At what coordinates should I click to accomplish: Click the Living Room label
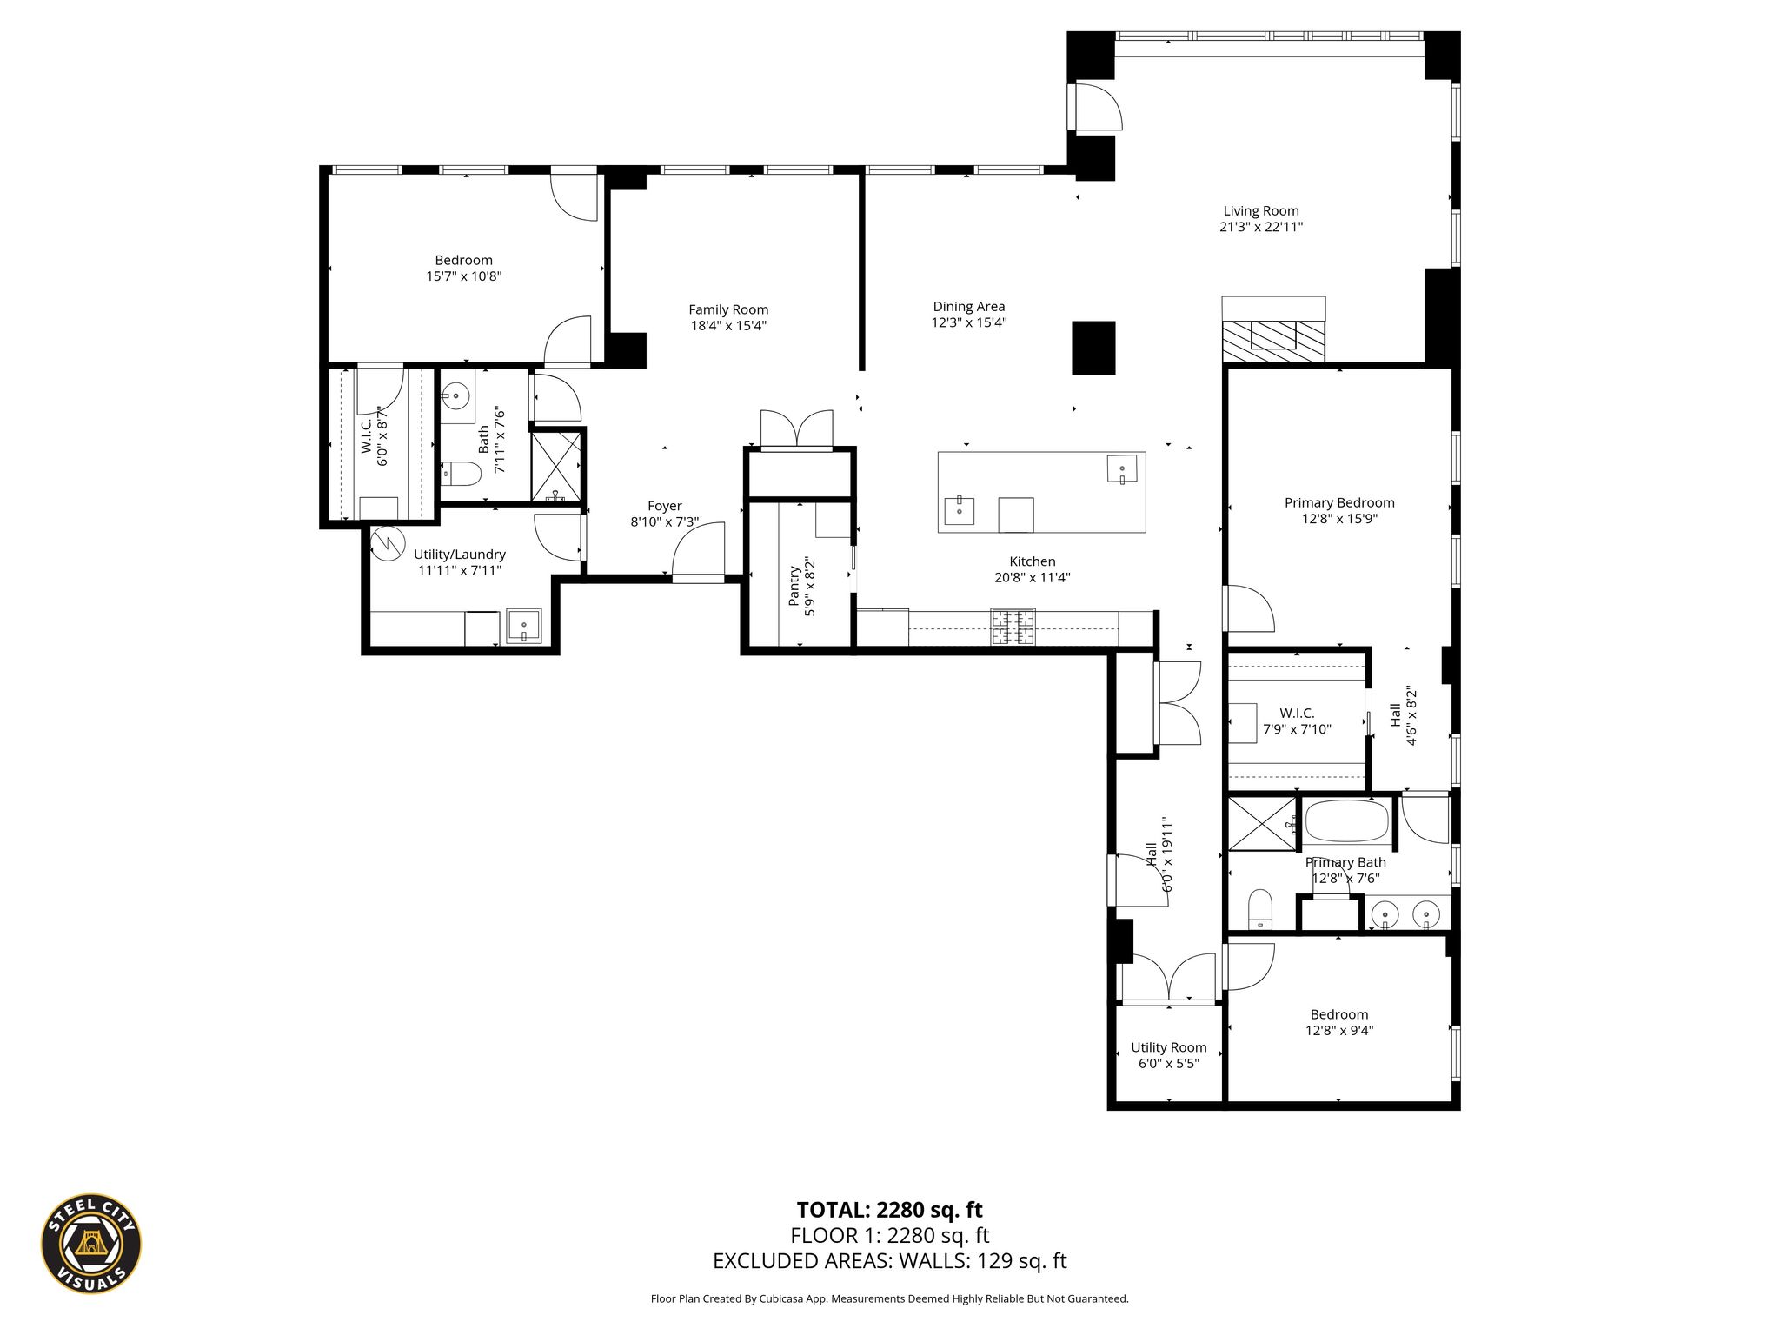1260,210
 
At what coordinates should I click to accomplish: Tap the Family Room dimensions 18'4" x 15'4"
728,326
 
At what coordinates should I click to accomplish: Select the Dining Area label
969,306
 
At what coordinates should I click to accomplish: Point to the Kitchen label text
1033,561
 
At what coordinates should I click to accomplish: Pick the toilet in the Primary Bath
1259,909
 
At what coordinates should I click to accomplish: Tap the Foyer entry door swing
698,549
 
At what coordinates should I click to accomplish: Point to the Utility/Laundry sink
524,627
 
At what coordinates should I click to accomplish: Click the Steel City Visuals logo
91,1243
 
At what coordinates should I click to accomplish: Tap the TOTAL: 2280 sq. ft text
889,1210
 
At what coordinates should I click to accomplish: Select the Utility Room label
1169,1047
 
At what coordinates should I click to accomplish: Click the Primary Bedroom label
1339,502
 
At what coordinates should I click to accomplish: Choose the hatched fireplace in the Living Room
1274,340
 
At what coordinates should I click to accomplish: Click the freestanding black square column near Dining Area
1093,348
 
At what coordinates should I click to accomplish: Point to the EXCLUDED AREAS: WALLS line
889,1261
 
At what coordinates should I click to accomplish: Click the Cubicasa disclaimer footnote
889,1298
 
